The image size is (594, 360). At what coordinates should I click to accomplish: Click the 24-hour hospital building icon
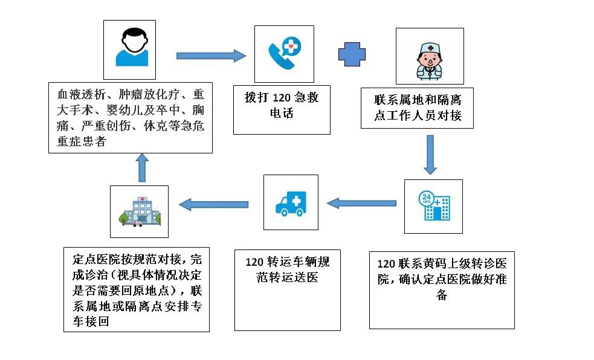pyautogui.click(x=433, y=205)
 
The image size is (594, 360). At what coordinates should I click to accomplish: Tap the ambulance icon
pyautogui.click(x=291, y=204)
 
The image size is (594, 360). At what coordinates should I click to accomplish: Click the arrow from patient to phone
pyautogui.click(x=210, y=56)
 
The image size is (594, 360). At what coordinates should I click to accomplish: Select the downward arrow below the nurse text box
pyautogui.click(x=430, y=155)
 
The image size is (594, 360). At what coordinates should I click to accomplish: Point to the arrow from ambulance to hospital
pyautogui.click(x=214, y=205)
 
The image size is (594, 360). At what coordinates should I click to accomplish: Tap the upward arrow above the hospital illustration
pyautogui.click(x=142, y=167)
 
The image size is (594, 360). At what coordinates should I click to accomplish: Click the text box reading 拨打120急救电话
pyautogui.click(x=282, y=109)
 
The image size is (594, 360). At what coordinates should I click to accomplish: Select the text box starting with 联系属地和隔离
pyautogui.click(x=417, y=108)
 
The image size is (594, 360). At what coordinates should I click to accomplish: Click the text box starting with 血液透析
pyautogui.click(x=130, y=118)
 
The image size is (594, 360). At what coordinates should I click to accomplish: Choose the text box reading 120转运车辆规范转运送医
pyautogui.click(x=287, y=289)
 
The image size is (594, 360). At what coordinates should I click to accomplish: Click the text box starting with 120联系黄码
pyautogui.click(x=441, y=289)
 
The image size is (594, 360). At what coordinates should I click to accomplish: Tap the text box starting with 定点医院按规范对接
pyautogui.click(x=137, y=288)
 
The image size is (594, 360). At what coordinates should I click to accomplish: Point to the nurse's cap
pyautogui.click(x=430, y=47)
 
